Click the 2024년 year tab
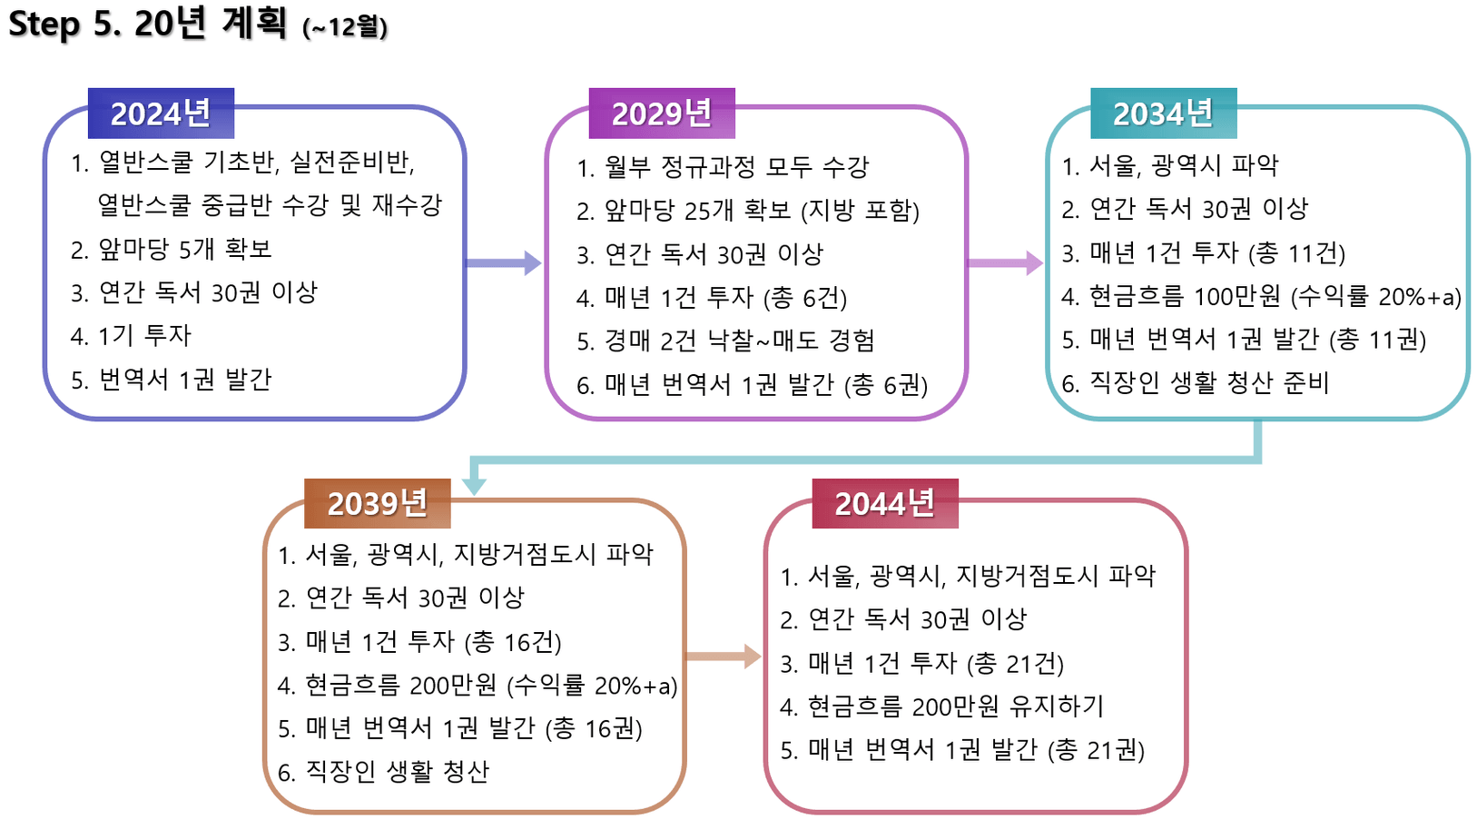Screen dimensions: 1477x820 [x=161, y=114]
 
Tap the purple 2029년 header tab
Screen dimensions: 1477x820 [x=662, y=114]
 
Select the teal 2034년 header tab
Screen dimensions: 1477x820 [x=1163, y=114]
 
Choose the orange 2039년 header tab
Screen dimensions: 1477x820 [x=377, y=503]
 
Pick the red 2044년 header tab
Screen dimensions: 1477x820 [x=885, y=503]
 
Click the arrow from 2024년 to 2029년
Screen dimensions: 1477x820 [x=504, y=263]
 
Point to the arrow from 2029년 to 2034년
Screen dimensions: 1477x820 [x=1005, y=263]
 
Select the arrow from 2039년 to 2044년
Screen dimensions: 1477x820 [x=724, y=657]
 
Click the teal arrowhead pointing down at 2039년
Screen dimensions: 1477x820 [x=474, y=487]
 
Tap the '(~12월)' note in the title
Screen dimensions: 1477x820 [x=345, y=27]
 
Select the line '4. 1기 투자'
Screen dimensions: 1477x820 [x=131, y=336]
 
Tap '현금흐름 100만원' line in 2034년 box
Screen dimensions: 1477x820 [x=1261, y=296]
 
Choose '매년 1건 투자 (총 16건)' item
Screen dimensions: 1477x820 [x=419, y=642]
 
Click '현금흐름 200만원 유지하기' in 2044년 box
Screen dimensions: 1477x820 [x=941, y=706]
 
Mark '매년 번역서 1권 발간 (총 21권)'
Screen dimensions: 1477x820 [x=962, y=750]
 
